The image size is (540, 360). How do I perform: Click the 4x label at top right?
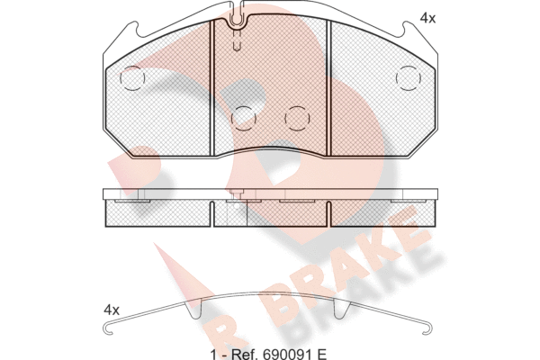[427, 18]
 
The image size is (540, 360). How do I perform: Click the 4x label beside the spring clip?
[112, 310]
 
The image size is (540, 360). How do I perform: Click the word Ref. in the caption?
[246, 354]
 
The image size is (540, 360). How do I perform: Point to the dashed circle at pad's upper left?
[132, 78]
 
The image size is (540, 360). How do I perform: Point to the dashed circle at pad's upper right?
[409, 78]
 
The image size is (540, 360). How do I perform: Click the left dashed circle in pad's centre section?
[244, 118]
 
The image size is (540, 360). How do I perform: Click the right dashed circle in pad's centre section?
[297, 118]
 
